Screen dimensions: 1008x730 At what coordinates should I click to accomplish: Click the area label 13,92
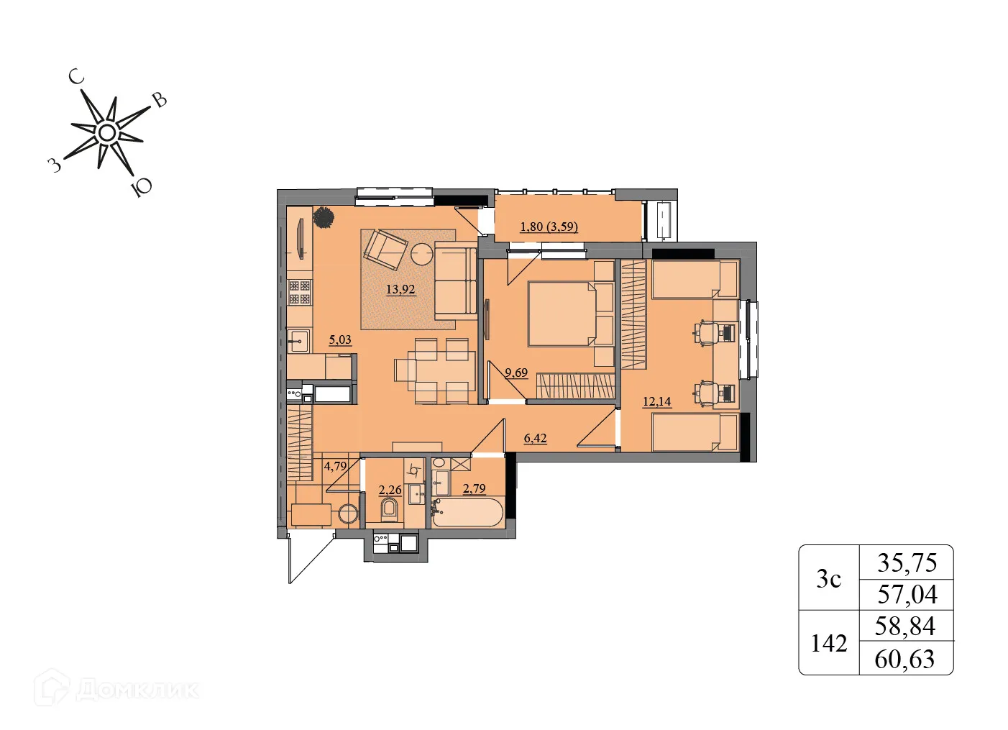point(400,289)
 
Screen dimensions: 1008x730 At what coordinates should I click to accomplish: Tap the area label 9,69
point(516,373)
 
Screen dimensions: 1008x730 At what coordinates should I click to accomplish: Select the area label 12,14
point(657,401)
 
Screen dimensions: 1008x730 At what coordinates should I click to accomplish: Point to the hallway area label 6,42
point(535,438)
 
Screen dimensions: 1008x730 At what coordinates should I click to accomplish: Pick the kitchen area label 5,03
point(340,339)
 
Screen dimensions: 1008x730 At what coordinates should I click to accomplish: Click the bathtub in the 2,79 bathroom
point(468,512)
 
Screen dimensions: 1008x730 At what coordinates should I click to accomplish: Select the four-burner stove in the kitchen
point(300,292)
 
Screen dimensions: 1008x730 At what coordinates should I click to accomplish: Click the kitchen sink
point(298,341)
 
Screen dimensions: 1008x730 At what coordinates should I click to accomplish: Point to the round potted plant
point(324,217)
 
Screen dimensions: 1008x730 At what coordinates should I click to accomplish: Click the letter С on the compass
point(76,78)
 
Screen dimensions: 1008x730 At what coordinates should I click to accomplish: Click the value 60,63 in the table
point(905,660)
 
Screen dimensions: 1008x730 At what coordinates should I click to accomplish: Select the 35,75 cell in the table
point(907,563)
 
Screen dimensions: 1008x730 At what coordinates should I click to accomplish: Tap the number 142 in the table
point(829,644)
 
